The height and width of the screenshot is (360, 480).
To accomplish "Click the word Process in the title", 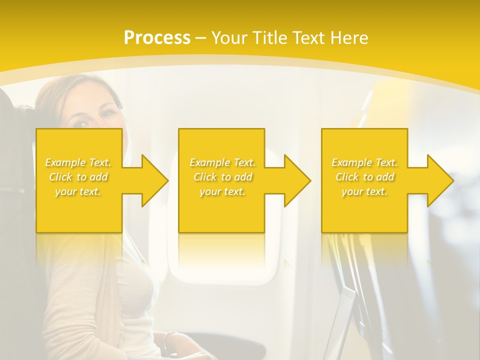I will pyautogui.click(x=157, y=38).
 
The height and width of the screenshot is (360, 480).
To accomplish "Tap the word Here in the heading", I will pyautogui.click(x=349, y=38).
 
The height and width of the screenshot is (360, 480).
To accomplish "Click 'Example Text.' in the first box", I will pyautogui.click(x=78, y=162).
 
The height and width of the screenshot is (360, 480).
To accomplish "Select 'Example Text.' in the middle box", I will pyautogui.click(x=222, y=162).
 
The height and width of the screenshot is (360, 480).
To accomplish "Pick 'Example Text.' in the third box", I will pyautogui.click(x=364, y=162).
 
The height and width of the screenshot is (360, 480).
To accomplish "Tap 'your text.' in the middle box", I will pyautogui.click(x=222, y=191).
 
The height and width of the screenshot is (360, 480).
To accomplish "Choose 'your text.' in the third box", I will pyautogui.click(x=364, y=191).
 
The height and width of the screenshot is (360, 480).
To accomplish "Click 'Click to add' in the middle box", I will pyautogui.click(x=222, y=177).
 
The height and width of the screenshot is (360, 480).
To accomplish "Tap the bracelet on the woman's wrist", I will pyautogui.click(x=169, y=340).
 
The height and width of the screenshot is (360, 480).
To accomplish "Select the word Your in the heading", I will pyautogui.click(x=229, y=38).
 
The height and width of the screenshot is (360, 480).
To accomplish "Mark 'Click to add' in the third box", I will pyautogui.click(x=364, y=177).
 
